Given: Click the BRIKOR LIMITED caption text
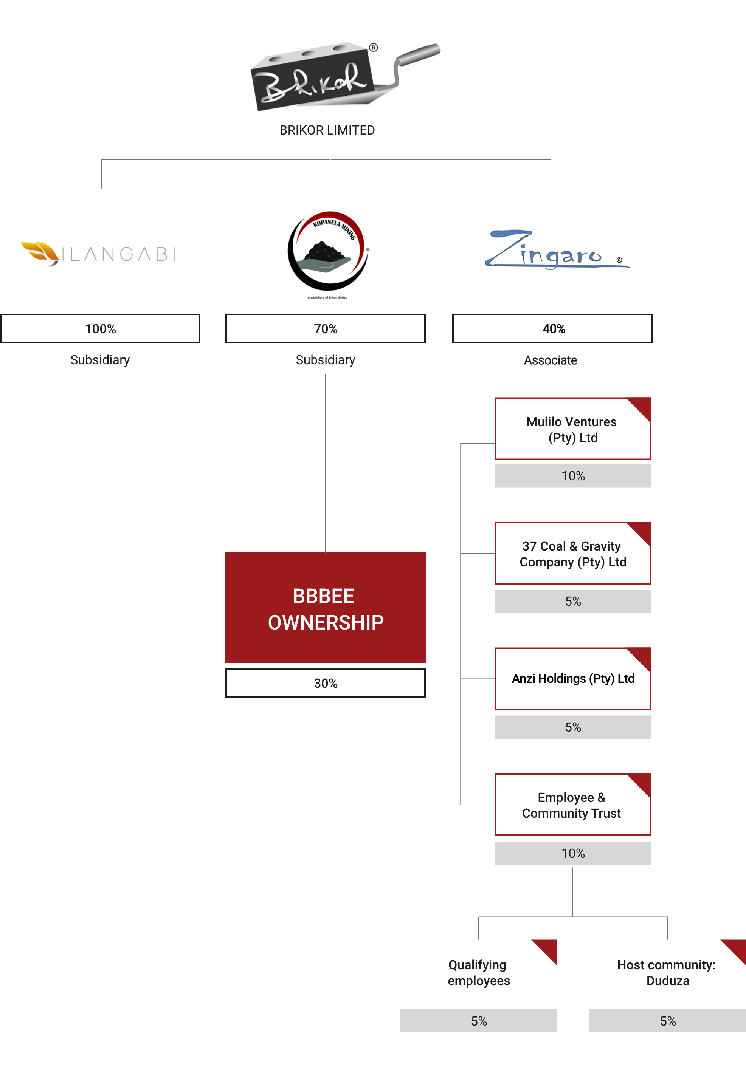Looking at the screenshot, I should (x=327, y=130).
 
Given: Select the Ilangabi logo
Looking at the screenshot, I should (x=100, y=254).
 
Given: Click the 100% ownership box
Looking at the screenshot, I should (x=100, y=329).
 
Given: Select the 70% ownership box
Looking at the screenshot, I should (x=325, y=329).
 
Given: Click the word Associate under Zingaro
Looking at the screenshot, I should (x=551, y=360).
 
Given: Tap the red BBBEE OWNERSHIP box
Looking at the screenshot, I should (x=325, y=607).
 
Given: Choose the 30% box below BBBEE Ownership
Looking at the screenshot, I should (x=325, y=683).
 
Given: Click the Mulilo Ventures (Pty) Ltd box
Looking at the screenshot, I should (x=572, y=429).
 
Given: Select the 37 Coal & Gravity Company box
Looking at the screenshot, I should (x=572, y=554).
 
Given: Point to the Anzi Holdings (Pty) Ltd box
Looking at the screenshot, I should (x=572, y=679).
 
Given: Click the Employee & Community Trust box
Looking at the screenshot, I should (x=572, y=805).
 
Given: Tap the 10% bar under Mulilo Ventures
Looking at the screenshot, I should (x=572, y=476).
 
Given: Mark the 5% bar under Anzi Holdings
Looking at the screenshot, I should (x=572, y=727).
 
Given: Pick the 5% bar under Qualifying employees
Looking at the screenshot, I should (x=478, y=1021).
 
